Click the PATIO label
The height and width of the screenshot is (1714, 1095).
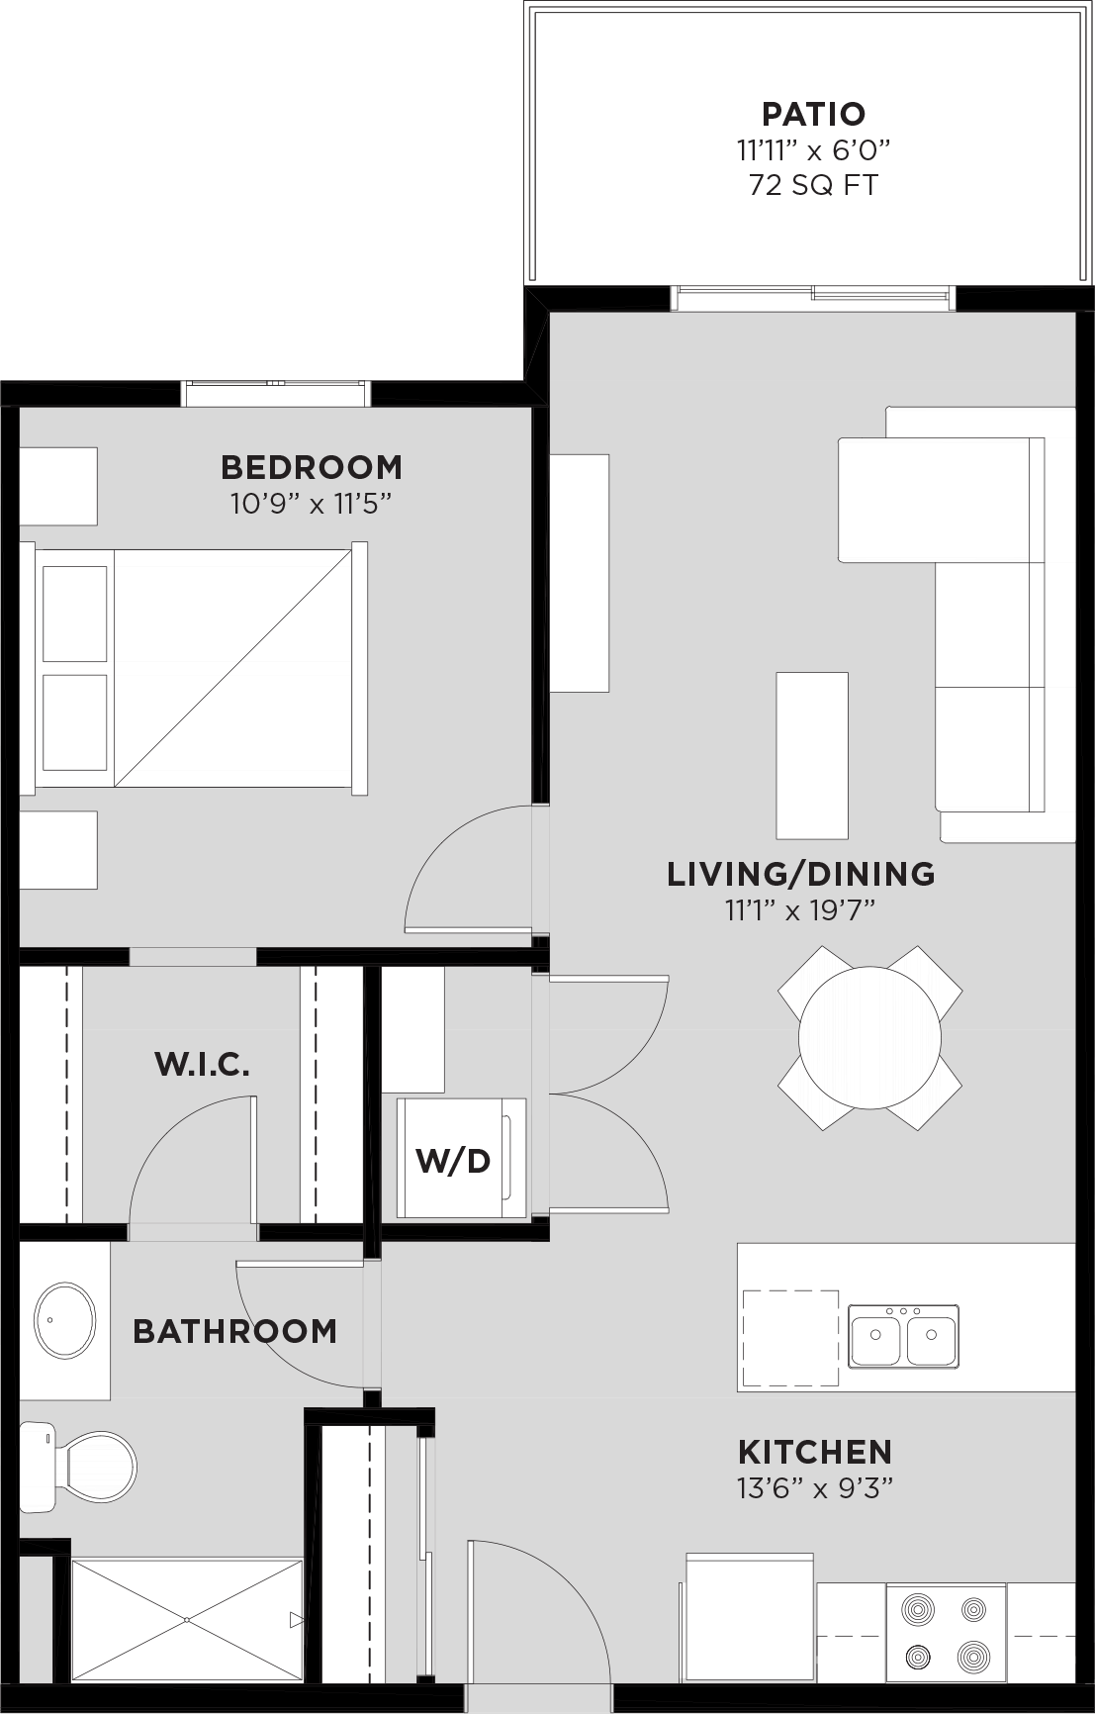coord(813,114)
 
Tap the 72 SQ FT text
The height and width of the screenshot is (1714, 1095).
coord(813,185)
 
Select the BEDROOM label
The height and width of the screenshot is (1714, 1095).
coord(312,466)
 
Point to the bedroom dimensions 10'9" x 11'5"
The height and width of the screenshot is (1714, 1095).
coord(312,504)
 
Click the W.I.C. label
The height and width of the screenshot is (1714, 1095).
coord(202,1065)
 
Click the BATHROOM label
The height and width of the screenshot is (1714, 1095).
coord(235,1331)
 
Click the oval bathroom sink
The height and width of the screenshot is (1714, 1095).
coord(65,1321)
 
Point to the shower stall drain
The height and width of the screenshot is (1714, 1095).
coord(187,1620)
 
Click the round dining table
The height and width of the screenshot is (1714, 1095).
coord(869,1038)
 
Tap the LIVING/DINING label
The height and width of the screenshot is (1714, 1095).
coord(801,874)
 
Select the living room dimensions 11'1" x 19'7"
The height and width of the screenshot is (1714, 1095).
coord(801,910)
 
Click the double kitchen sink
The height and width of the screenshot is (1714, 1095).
coord(903,1336)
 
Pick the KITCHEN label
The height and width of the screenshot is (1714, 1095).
coord(815,1452)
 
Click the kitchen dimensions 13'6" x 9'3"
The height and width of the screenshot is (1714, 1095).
coord(815,1488)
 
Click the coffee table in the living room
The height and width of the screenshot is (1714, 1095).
coord(812,756)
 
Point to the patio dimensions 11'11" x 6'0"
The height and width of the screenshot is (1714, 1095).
coord(813,150)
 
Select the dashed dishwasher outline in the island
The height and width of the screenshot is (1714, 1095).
coord(790,1338)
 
